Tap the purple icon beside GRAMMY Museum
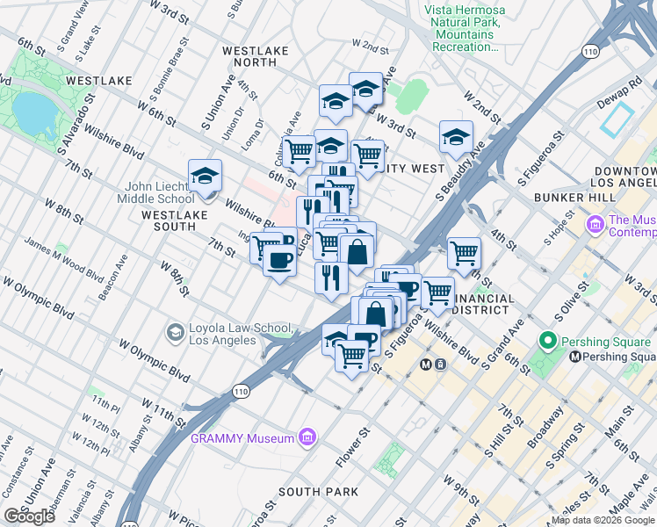[x=307, y=437]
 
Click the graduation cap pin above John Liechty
[x=205, y=176]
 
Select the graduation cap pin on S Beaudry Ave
[x=456, y=137]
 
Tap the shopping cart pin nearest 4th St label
[x=464, y=253]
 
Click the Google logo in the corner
[x=29, y=516]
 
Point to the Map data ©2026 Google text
[x=603, y=520]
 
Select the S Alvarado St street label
[x=75, y=132]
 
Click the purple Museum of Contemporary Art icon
[x=596, y=226]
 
